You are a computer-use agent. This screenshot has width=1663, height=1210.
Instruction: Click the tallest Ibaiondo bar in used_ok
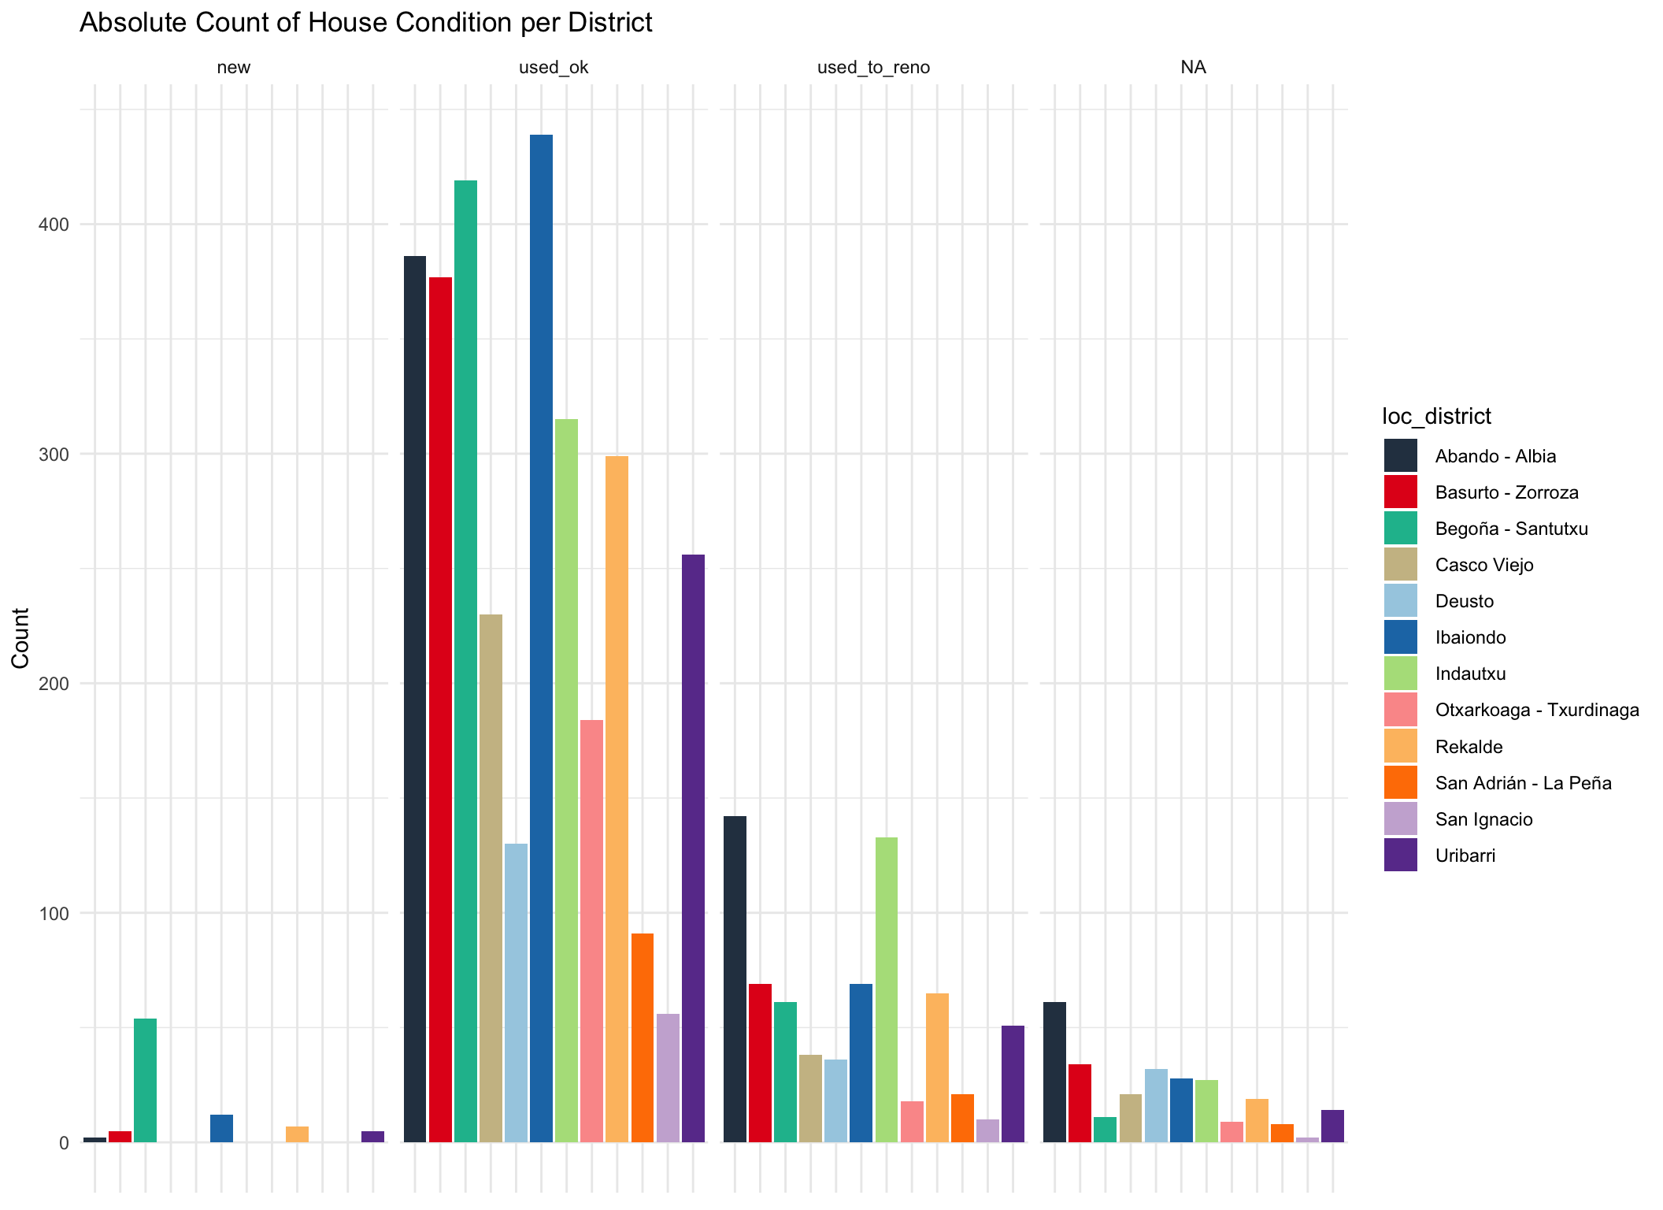pyautogui.click(x=541, y=638)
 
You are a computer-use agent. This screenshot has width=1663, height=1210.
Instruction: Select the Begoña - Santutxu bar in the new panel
pyautogui.click(x=146, y=1080)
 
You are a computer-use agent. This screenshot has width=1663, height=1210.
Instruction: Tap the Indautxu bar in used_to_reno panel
pyautogui.click(x=887, y=989)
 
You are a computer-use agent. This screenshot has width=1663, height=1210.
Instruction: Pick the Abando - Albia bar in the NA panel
pyautogui.click(x=1054, y=1072)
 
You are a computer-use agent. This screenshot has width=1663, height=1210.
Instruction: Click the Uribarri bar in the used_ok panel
pyautogui.click(x=693, y=848)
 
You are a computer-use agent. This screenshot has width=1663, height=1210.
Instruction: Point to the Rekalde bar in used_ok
pyautogui.click(x=617, y=799)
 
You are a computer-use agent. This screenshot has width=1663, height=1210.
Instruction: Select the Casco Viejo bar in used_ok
pyautogui.click(x=491, y=878)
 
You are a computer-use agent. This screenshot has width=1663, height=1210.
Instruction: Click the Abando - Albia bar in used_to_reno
pyautogui.click(x=735, y=979)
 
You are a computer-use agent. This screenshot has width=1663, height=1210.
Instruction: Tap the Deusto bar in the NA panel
pyautogui.click(x=1156, y=1105)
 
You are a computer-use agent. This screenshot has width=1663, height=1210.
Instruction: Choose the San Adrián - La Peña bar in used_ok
pyautogui.click(x=643, y=1037)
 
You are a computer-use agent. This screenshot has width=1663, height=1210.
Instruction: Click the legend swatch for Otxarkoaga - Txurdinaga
pyautogui.click(x=1400, y=710)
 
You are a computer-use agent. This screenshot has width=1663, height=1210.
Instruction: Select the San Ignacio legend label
pyautogui.click(x=1483, y=819)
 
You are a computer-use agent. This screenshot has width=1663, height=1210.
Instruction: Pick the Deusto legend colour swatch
pyautogui.click(x=1400, y=601)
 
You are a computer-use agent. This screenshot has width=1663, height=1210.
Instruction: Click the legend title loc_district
pyautogui.click(x=1436, y=416)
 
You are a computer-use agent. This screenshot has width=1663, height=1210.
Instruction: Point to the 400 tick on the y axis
pyautogui.click(x=54, y=225)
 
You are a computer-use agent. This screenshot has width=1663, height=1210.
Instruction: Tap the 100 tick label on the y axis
pyautogui.click(x=54, y=914)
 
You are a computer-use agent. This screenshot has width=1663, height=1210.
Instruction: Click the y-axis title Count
pyautogui.click(x=20, y=638)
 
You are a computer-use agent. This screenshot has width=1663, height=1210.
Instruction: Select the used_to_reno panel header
pyautogui.click(x=873, y=68)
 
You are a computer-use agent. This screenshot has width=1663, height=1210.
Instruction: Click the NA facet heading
pyautogui.click(x=1193, y=68)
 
